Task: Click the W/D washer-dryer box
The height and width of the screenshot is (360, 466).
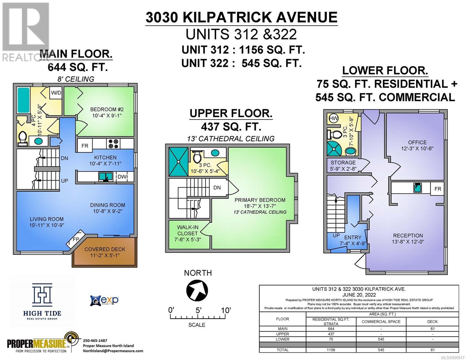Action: coord(56,93)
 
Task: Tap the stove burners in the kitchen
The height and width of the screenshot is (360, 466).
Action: coord(113,144)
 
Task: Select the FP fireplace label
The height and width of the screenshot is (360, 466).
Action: coord(76,239)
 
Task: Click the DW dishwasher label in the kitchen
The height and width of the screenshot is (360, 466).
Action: coord(122,177)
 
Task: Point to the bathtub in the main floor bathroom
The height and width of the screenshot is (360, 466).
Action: coord(23,100)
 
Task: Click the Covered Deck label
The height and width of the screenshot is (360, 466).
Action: coord(105,249)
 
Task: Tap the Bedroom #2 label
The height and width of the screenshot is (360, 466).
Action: coord(107,109)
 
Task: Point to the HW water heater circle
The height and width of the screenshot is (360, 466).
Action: coord(333,118)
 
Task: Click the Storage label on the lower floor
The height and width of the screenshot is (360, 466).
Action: coord(343,163)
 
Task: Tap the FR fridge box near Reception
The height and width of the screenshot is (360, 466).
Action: coord(438,189)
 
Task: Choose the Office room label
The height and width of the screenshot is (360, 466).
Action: coord(417,142)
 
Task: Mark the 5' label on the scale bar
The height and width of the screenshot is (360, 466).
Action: coord(198,310)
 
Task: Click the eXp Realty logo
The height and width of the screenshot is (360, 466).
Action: coord(104,300)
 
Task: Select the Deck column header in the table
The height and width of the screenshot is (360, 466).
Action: coord(432,322)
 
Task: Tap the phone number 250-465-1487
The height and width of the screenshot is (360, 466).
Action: coord(95,340)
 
